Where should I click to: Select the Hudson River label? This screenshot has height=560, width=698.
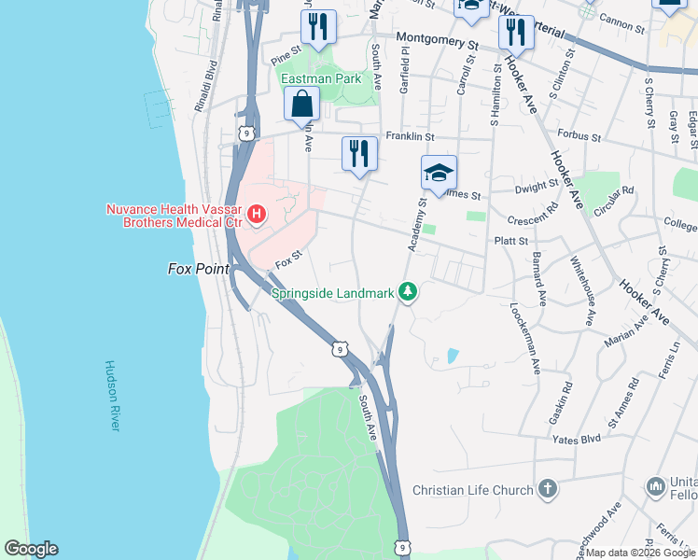113,395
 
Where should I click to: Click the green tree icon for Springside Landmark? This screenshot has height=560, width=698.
408,293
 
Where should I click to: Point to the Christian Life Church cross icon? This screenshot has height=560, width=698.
548,489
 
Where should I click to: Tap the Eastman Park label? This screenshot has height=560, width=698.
321,79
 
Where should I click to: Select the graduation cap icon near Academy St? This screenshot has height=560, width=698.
439,174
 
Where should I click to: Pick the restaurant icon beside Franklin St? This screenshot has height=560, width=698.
359,152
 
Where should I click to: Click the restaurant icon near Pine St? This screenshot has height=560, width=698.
319,27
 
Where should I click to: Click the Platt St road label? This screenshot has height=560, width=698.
511,241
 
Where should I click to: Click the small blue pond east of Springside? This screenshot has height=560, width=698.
453,356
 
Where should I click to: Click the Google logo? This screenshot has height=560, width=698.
31,549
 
